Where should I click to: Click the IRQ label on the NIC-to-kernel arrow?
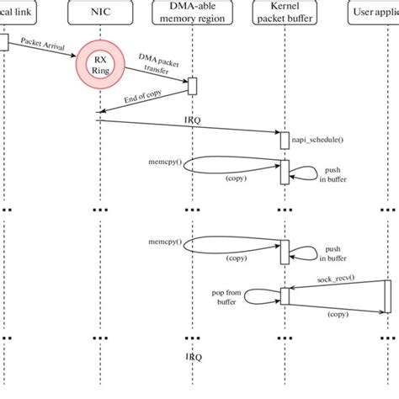[193, 121]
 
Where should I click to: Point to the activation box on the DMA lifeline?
[192, 86]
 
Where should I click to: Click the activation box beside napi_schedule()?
[285, 141]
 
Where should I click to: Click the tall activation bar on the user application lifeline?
[388, 296]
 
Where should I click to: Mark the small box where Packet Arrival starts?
[3, 41]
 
